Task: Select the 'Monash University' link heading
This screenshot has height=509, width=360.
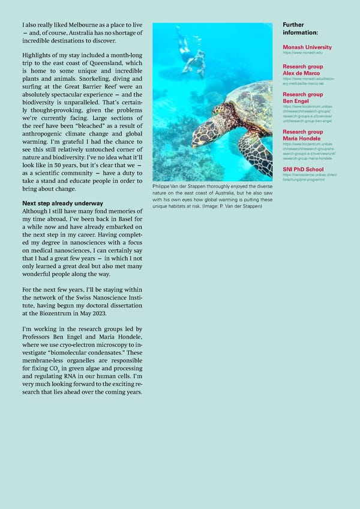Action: pyautogui.click(x=307, y=47)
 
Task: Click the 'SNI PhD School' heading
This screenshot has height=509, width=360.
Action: pyautogui.click(x=304, y=169)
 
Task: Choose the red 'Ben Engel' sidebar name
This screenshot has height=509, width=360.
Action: pyautogui.click(x=296, y=101)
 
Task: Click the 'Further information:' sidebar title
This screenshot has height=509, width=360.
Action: pyautogui.click(x=300, y=28)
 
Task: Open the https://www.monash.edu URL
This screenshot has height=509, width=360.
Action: pyautogui.click(x=303, y=53)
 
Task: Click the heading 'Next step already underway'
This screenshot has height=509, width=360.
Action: pyautogui.click(x=62, y=203)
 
